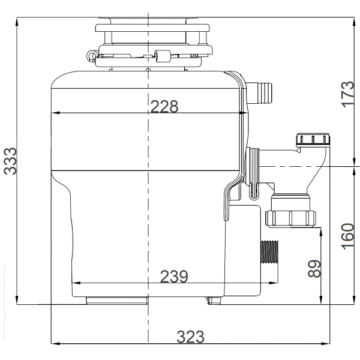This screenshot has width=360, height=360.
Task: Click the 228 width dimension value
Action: (164, 106)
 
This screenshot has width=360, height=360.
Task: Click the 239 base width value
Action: (174, 276)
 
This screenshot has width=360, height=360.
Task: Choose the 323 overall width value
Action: (190, 337)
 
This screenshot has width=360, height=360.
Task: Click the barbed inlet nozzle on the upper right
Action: (263, 91)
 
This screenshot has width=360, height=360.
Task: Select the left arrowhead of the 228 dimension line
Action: (55, 113)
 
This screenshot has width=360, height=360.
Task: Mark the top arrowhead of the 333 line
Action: (18, 20)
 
